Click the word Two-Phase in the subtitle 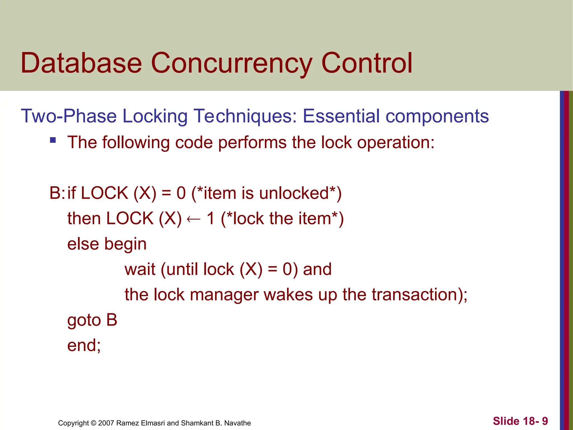pos(69,116)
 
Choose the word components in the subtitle pos(437,116)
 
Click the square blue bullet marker pos(53,140)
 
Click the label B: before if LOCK pos(57,193)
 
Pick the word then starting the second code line pos(84,218)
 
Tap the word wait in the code pos(140,269)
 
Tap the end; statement pos(84,345)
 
